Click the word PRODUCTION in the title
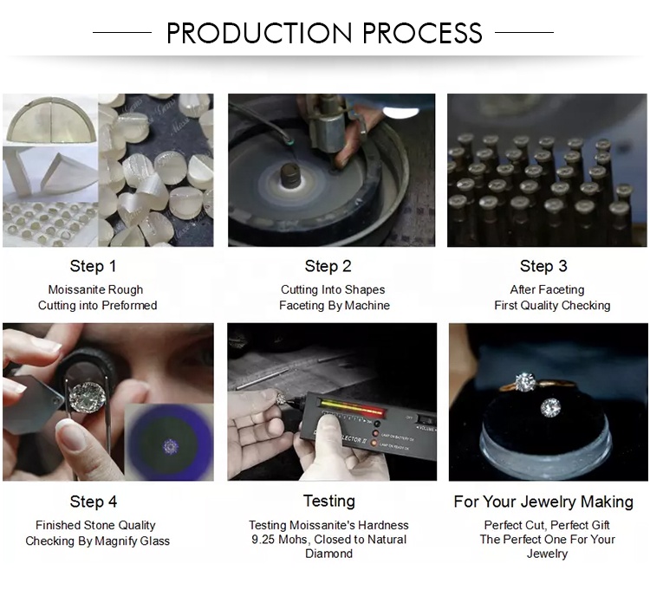tap(259, 33)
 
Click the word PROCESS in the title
tap(422, 33)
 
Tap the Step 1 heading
tap(93, 266)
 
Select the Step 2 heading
tap(328, 266)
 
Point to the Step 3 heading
tap(543, 266)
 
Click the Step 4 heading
tap(94, 502)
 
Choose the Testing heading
tap(329, 501)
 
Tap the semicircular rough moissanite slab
tap(51, 120)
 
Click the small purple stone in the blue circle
tap(170, 446)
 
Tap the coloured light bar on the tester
tap(352, 406)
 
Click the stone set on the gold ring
tap(525, 382)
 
